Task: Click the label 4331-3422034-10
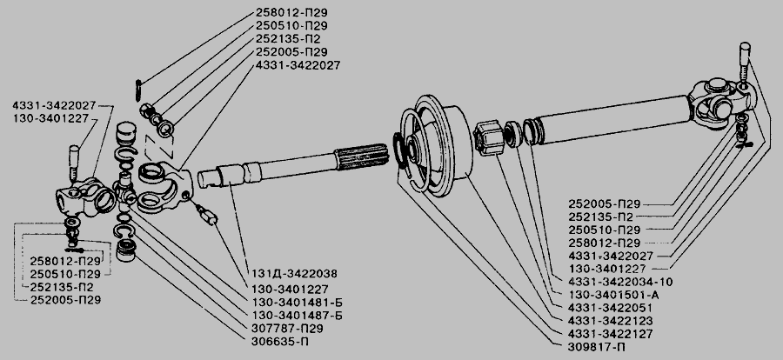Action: point(620,282)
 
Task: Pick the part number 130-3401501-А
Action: point(613,295)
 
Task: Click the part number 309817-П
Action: point(597,347)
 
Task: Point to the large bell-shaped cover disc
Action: point(436,144)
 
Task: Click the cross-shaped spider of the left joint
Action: point(124,190)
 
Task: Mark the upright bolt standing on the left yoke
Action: point(73,162)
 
